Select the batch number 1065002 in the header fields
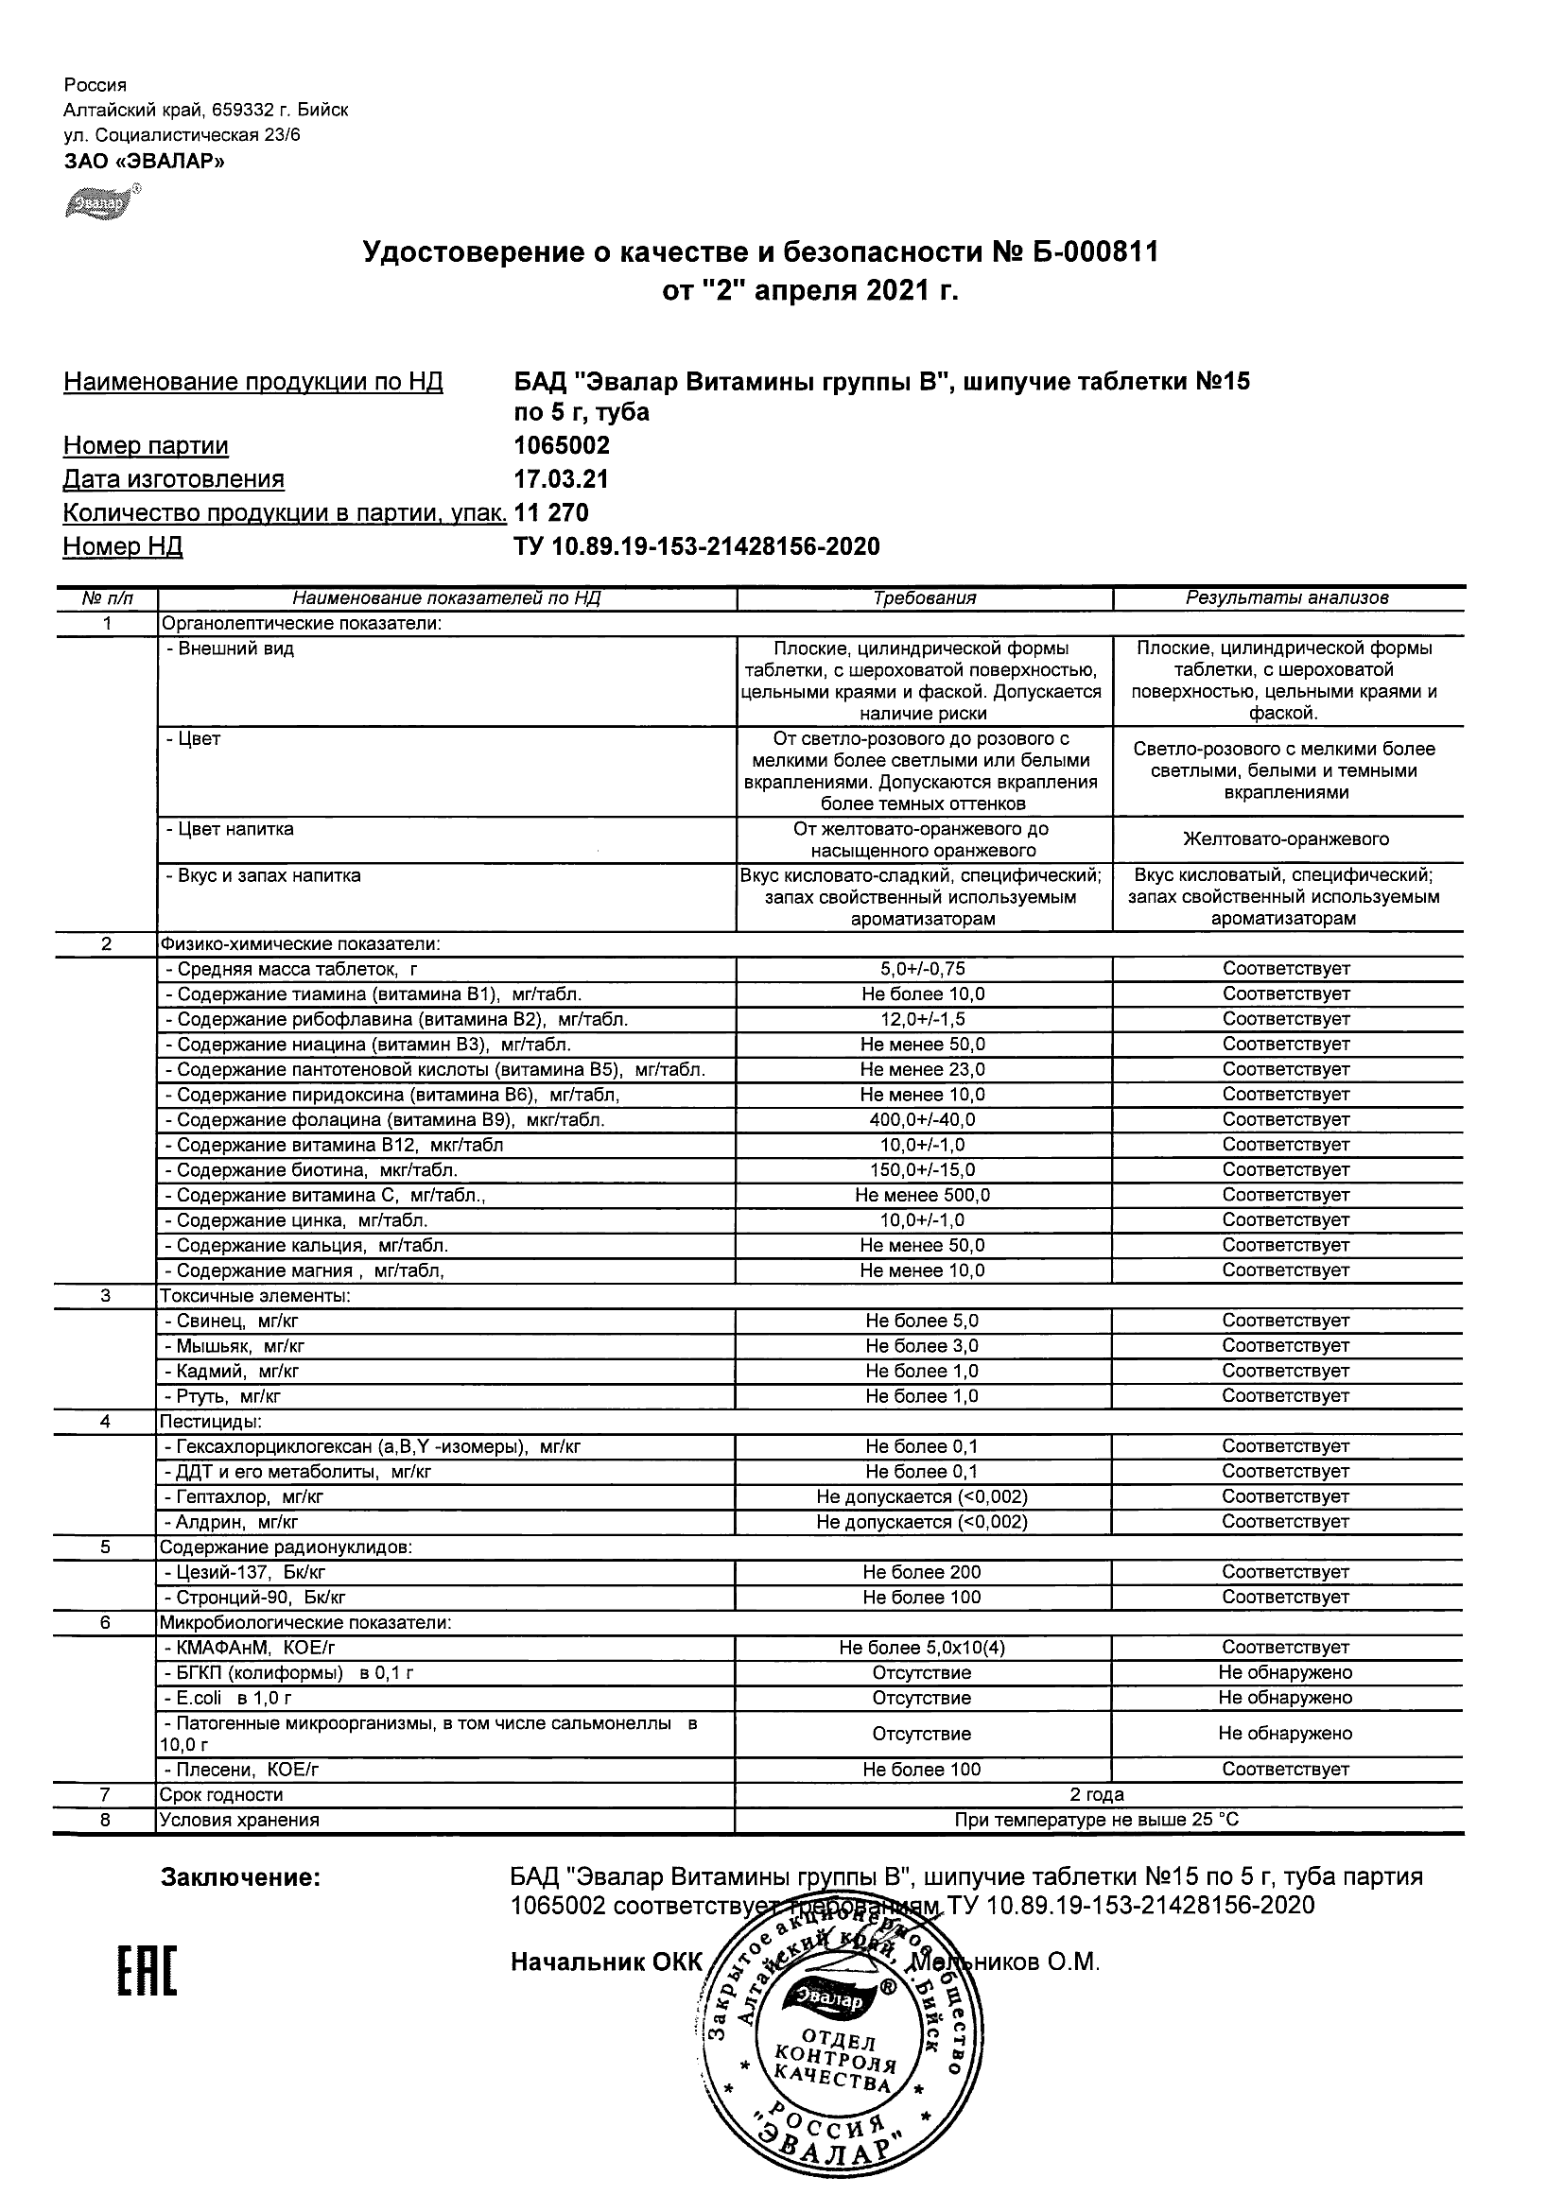coord(562,446)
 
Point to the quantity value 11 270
coord(551,512)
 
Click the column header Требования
coord(924,598)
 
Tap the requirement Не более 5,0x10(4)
coord(921,1649)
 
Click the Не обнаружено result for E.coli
coord(1285,1699)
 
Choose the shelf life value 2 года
coord(1097,1795)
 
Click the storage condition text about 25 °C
coord(1097,1820)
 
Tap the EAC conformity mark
coord(148,1971)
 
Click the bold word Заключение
coord(240,1877)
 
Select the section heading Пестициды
coord(210,1422)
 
